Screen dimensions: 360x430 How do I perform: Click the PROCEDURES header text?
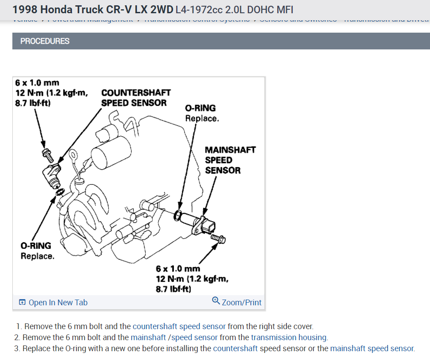tap(45, 41)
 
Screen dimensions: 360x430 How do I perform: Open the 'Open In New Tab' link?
tap(58, 303)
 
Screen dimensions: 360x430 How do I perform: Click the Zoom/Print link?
tap(241, 303)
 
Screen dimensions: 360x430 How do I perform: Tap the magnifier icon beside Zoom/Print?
tap(216, 300)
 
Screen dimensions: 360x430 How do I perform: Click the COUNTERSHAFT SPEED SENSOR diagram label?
tap(136, 98)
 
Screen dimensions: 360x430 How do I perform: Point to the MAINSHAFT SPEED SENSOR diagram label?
tap(230, 160)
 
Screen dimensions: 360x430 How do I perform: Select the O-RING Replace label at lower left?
tap(37, 251)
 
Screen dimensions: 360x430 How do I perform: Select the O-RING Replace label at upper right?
tap(201, 113)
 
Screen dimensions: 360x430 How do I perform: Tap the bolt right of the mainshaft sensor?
tap(219, 239)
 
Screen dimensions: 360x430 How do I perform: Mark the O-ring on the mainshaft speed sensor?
tap(178, 215)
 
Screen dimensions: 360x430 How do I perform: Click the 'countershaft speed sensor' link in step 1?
tap(179, 326)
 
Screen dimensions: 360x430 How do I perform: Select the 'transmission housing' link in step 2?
tap(289, 337)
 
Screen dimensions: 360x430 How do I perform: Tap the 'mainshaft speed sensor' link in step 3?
tap(372, 349)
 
